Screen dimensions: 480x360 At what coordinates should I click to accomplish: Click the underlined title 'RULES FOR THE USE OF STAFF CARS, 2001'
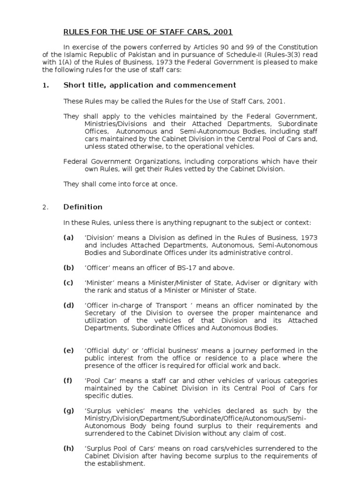[x=148, y=32]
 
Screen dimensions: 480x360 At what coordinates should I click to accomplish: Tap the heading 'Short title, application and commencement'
[x=150, y=85]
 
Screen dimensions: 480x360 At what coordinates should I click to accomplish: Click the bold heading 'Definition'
[x=83, y=207]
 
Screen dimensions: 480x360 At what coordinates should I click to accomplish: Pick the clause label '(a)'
[x=69, y=238]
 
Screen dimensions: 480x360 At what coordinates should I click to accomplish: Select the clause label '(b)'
[x=69, y=268]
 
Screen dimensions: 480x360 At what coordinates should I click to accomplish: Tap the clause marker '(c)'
[x=69, y=283]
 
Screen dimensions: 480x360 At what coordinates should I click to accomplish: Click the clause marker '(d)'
[x=69, y=305]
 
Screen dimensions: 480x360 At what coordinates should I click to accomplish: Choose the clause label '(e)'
[x=69, y=350]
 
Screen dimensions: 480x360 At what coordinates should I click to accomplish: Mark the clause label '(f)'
[x=68, y=380]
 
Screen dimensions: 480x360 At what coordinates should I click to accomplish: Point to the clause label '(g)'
[x=69, y=411]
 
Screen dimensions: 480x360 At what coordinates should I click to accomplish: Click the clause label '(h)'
[x=69, y=448]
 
